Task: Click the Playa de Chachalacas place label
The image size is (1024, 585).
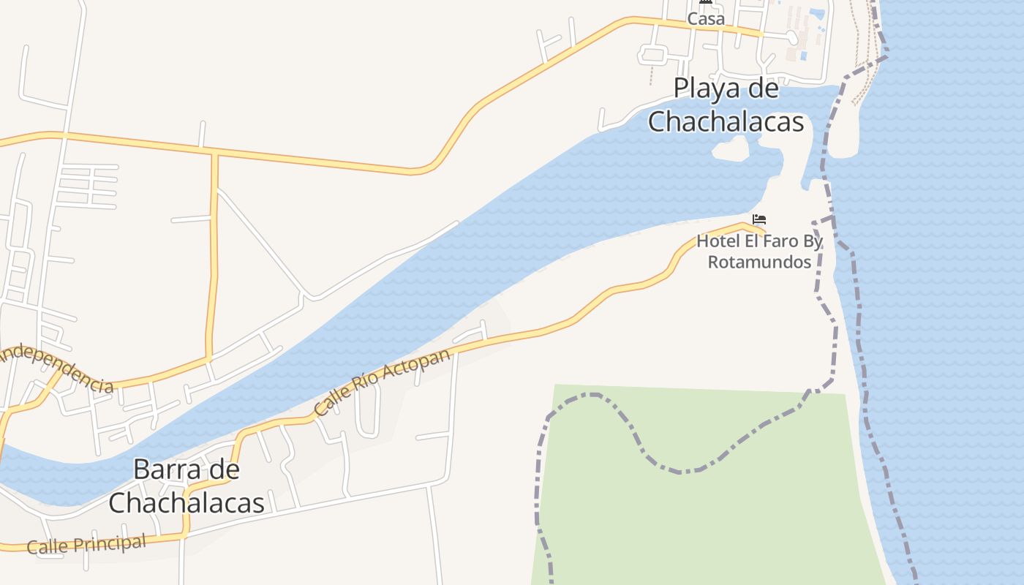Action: pyautogui.click(x=726, y=105)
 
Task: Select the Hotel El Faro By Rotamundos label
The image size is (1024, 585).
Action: pyautogui.click(x=759, y=251)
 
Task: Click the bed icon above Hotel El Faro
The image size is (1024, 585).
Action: pyautogui.click(x=759, y=219)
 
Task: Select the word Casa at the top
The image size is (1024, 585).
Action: pyautogui.click(x=706, y=20)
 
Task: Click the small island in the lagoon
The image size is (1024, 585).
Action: pyautogui.click(x=731, y=149)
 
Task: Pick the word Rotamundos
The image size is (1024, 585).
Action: pyautogui.click(x=759, y=262)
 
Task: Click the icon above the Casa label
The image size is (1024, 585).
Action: pyautogui.click(x=705, y=2)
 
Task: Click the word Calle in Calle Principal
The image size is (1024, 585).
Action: pyautogui.click(x=43, y=547)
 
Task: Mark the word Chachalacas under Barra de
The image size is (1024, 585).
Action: pyautogui.click(x=187, y=503)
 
